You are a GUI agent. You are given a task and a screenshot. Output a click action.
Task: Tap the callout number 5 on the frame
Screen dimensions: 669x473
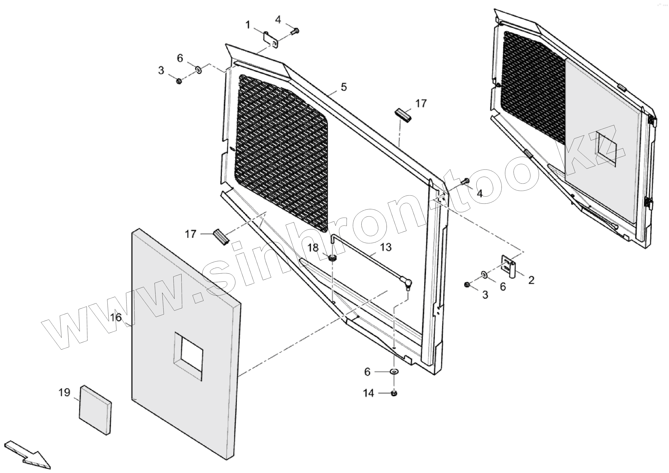point(344,87)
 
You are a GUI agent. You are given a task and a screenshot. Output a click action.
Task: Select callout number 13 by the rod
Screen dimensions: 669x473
point(386,247)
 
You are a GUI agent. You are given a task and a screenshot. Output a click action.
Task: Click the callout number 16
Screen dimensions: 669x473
point(116,317)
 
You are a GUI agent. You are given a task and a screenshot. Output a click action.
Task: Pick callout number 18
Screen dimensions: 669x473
point(313,248)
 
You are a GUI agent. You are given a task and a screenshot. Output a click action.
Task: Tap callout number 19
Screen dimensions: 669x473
point(64,393)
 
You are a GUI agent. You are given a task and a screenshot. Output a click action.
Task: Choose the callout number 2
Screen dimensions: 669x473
point(531,280)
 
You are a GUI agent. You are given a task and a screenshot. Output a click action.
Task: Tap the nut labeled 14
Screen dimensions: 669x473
point(394,393)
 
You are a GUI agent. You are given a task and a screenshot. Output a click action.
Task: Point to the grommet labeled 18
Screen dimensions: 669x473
point(332,258)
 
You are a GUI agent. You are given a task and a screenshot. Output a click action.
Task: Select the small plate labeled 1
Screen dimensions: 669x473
point(271,40)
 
